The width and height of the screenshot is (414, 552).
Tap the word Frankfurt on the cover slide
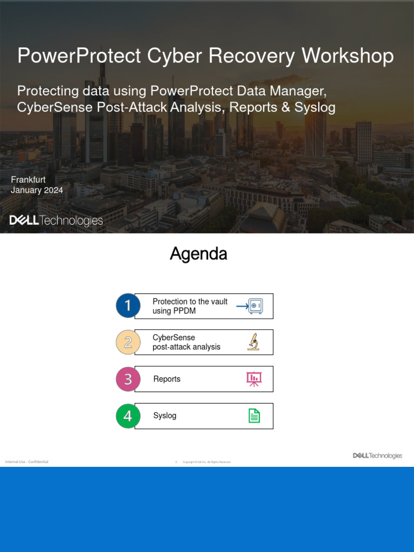(28, 180)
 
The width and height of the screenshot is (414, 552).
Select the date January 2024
(37, 190)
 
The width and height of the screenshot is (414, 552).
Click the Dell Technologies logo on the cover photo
(56, 220)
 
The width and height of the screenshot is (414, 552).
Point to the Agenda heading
(198, 254)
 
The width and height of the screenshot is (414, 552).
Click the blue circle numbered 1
(128, 306)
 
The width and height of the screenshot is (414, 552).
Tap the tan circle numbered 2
(128, 342)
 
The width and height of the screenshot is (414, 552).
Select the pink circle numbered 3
(128, 379)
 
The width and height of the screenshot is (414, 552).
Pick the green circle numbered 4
(128, 416)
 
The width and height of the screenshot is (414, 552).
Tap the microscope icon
(253, 342)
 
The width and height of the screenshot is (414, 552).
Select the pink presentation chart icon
(254, 379)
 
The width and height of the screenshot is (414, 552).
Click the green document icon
(254, 416)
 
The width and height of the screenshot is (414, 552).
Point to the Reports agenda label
(167, 379)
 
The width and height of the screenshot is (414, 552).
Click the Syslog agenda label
(165, 416)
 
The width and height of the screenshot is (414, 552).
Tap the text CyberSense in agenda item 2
(174, 337)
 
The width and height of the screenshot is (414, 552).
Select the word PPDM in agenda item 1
(185, 311)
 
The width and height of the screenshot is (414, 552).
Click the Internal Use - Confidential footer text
(26, 462)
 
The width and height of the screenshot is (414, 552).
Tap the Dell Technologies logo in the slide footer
(377, 456)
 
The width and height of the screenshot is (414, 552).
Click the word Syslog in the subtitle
(315, 107)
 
